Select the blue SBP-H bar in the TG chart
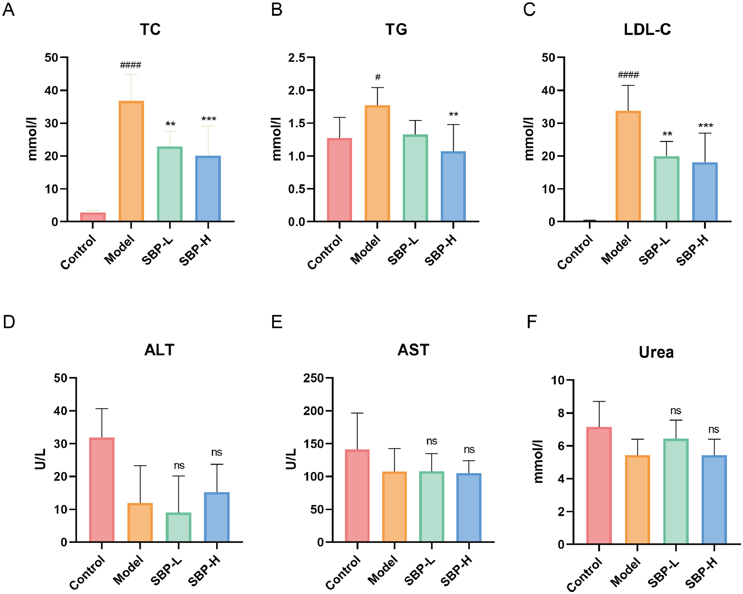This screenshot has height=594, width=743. (453, 187)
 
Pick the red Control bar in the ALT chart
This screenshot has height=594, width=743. (102, 490)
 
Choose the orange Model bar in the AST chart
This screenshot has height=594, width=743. (394, 507)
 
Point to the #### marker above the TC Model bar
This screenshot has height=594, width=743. (131, 65)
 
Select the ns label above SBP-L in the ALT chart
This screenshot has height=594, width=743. (179, 466)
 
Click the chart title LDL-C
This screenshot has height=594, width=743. (647, 30)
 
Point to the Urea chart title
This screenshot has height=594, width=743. (656, 352)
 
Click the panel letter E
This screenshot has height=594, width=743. (277, 322)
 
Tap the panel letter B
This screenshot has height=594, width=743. (277, 10)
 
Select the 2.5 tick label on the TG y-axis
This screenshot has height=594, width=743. (297, 58)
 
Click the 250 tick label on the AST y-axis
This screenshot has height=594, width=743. (314, 378)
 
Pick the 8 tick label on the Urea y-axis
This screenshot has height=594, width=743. (558, 413)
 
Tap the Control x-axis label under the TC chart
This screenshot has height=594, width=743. (78, 252)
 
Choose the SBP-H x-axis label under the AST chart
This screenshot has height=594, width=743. (456, 571)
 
